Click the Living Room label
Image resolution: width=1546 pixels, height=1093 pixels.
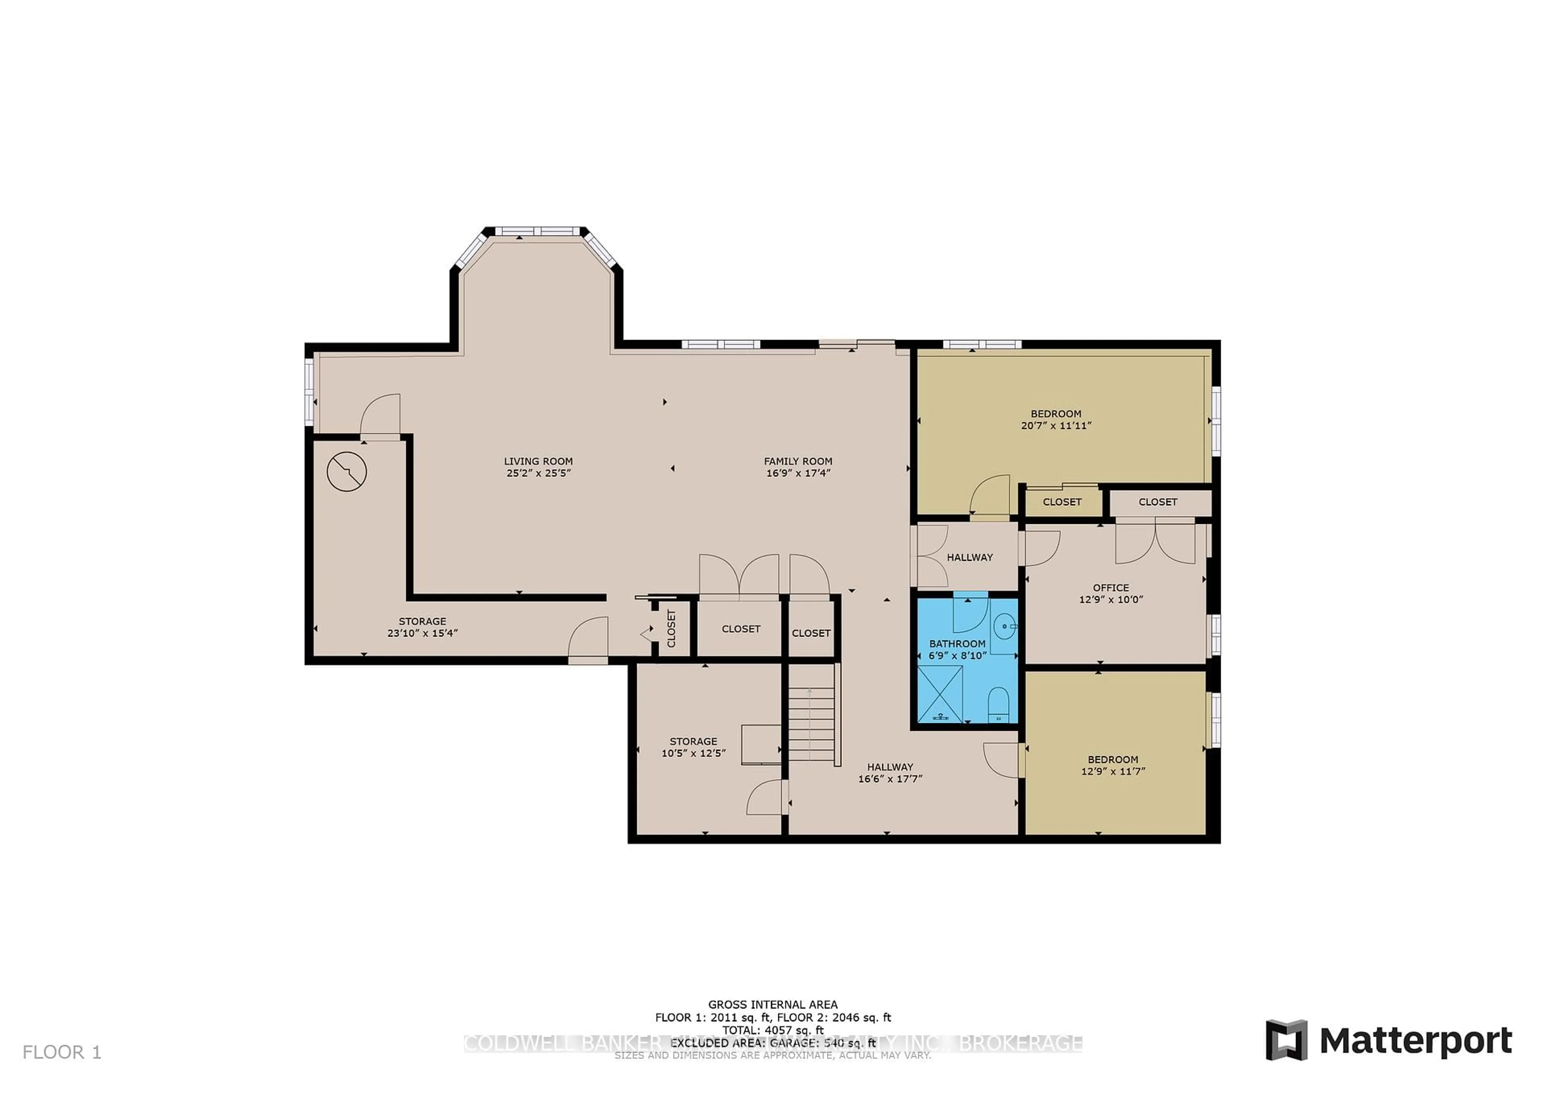click(x=538, y=461)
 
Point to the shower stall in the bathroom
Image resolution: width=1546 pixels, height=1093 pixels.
click(x=940, y=694)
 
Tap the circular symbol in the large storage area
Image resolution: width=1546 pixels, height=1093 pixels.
click(x=347, y=471)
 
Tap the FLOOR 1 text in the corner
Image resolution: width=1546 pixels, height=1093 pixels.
click(x=62, y=1052)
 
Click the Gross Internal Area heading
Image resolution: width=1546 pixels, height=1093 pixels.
click(x=772, y=1005)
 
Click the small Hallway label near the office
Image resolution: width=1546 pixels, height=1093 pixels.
click(x=969, y=557)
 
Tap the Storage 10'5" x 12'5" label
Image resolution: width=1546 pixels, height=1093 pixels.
click(x=693, y=747)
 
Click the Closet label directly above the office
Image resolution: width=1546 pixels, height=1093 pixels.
click(x=1157, y=502)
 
